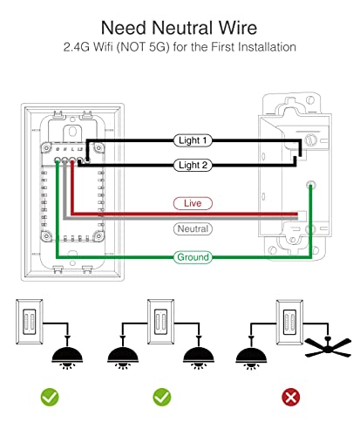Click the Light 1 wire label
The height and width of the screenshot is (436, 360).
coord(192,140)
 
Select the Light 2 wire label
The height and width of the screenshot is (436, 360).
coord(192,164)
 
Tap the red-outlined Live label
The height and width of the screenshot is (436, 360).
coord(192,203)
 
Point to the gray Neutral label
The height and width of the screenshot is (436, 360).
coord(192,229)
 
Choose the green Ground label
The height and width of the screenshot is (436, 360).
coord(192,258)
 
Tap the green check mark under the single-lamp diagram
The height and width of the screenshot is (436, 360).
coord(51,397)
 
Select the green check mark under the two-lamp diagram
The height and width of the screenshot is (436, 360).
coord(161,397)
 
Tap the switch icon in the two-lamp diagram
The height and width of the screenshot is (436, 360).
coord(161,315)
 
